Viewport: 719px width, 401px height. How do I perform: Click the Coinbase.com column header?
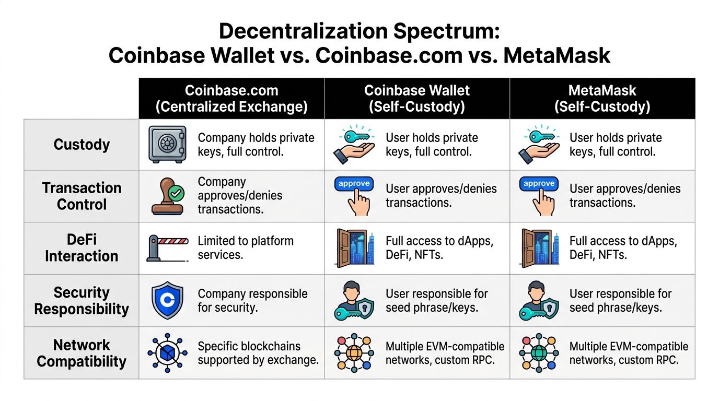point(231,98)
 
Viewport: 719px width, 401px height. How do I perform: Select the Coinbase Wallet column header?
point(416,98)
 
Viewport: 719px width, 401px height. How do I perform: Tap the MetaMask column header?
point(602,98)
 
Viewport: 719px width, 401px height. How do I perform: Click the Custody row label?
point(82,145)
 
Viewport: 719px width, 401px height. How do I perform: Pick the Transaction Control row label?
point(82,196)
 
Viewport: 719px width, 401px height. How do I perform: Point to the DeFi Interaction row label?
point(82,248)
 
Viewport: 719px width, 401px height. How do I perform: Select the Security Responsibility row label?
point(82,301)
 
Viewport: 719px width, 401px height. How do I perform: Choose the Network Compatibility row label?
point(82,353)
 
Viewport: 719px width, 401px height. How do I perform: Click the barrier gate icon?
point(168,248)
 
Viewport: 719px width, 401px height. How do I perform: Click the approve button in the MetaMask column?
point(539,184)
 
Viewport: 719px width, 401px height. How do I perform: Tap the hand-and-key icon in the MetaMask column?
point(539,144)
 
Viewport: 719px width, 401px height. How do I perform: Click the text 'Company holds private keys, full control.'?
point(256,145)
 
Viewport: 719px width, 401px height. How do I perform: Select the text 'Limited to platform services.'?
point(246,248)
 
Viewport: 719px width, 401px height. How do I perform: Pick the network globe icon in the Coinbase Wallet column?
point(354,353)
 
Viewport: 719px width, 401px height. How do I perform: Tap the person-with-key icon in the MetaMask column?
point(539,301)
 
